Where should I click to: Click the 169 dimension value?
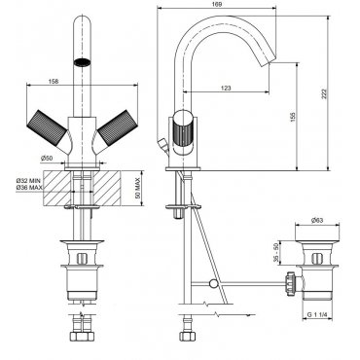(218, 4)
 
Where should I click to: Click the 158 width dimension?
(54, 82)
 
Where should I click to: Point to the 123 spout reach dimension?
(226, 88)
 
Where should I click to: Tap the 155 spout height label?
(294, 117)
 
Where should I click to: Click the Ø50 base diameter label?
(47, 159)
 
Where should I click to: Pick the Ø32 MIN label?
(28, 180)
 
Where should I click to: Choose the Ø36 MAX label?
(29, 188)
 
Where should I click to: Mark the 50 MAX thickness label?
(137, 189)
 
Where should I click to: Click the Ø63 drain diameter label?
(317, 221)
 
